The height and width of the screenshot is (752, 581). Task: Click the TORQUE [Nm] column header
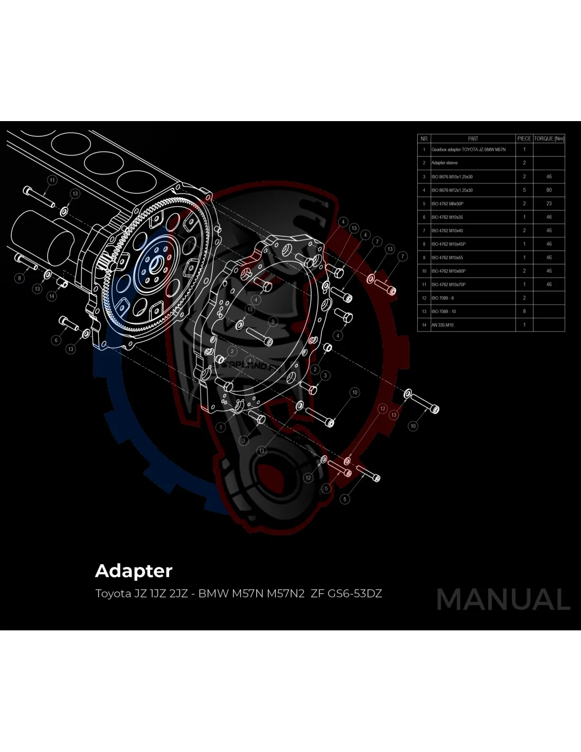[549, 139]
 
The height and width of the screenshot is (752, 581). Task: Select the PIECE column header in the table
[524, 139]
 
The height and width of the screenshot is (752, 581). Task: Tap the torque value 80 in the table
[549, 190]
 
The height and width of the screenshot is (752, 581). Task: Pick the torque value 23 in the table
[549, 204]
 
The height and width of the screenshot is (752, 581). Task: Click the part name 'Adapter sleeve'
[445, 163]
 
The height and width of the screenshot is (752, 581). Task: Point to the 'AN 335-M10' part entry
[443, 325]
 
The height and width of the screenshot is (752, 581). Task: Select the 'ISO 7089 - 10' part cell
[444, 311]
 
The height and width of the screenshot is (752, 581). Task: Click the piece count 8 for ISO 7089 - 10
[524, 311]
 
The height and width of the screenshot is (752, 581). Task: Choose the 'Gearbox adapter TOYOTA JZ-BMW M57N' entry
[468, 150]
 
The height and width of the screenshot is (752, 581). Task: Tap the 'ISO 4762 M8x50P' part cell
[447, 204]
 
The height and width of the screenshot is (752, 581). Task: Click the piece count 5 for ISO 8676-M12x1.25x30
[524, 190]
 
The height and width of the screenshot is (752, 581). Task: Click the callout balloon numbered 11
[52, 180]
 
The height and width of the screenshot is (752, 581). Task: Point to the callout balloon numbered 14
[52, 296]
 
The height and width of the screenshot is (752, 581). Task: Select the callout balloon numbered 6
[56, 340]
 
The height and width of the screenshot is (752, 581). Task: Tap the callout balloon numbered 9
[273, 321]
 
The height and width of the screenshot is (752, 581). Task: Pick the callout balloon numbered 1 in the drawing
[221, 427]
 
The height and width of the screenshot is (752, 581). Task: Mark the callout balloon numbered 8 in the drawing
[20, 278]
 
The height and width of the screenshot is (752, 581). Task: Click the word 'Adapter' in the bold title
[134, 571]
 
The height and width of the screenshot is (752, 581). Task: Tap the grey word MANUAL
[503, 600]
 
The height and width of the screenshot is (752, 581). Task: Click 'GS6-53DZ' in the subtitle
[355, 593]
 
